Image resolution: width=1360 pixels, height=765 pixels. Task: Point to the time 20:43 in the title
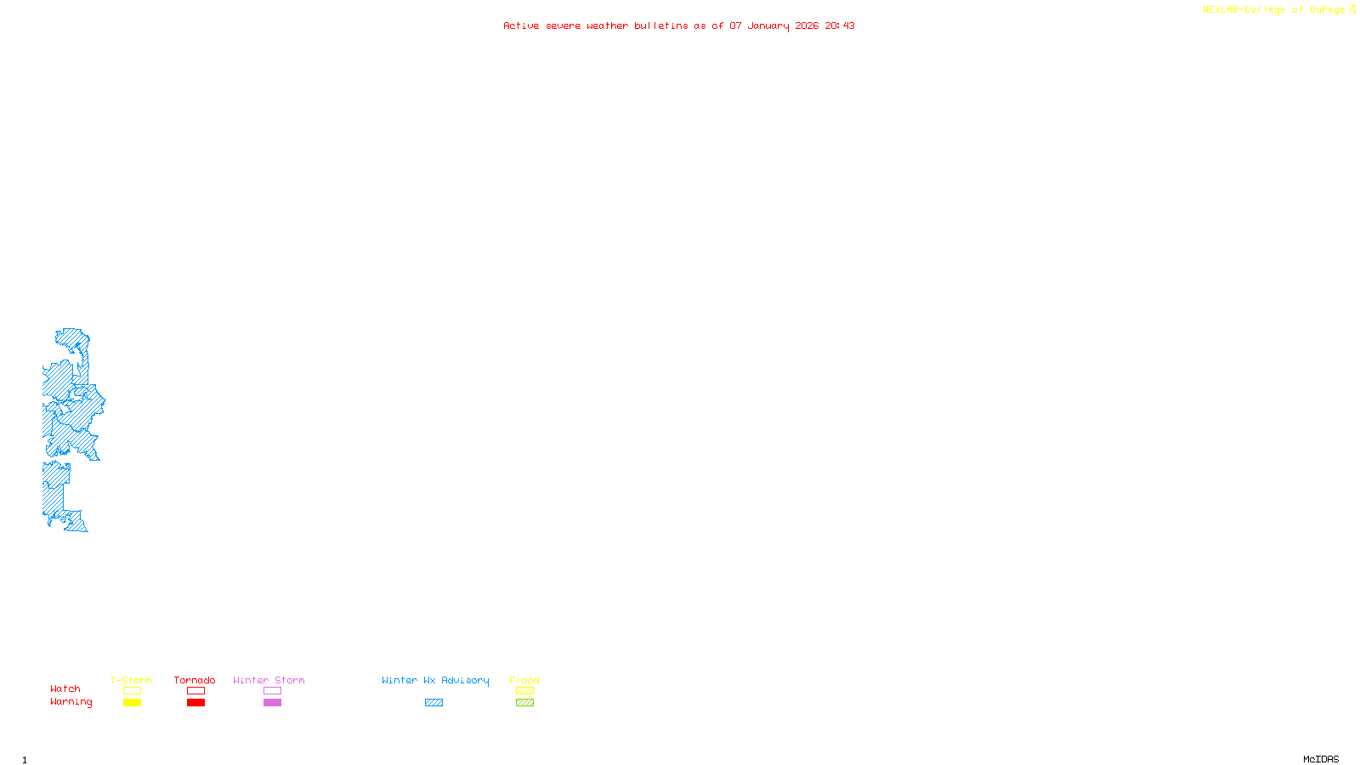click(x=840, y=25)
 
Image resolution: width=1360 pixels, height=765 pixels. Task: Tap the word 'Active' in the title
click(x=521, y=25)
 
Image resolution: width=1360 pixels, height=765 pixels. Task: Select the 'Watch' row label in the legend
click(x=65, y=688)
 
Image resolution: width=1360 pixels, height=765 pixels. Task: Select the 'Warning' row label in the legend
click(x=71, y=702)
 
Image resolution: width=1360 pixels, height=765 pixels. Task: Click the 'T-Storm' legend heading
click(x=131, y=680)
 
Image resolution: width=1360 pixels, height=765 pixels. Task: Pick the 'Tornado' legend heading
click(x=195, y=680)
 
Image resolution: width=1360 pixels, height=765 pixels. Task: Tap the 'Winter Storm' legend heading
click(x=269, y=680)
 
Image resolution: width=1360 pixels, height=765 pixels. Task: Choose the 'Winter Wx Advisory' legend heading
click(x=435, y=680)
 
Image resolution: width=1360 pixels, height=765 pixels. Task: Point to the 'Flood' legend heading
click(x=524, y=680)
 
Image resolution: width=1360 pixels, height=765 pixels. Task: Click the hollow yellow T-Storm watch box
click(x=132, y=691)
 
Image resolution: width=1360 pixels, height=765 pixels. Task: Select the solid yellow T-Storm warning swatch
click(x=132, y=703)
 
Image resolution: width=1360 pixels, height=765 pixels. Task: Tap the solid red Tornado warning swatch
click(x=195, y=703)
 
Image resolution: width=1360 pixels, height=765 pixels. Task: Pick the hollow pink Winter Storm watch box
click(x=272, y=691)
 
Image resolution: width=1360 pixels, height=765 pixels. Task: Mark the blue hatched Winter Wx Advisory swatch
click(x=433, y=703)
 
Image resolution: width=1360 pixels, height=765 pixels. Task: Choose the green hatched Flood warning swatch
click(x=524, y=703)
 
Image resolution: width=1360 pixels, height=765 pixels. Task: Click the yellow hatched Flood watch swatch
click(x=524, y=691)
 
